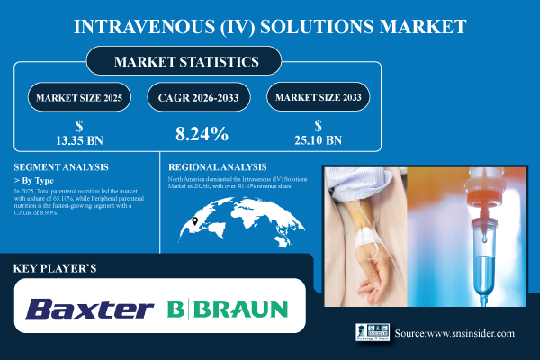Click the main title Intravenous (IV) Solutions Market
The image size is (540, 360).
(x=270, y=25)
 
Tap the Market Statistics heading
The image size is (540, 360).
(x=186, y=62)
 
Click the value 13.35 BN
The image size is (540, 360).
(x=81, y=139)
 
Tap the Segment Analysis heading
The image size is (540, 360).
(x=61, y=167)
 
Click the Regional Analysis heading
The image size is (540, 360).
(x=219, y=167)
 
